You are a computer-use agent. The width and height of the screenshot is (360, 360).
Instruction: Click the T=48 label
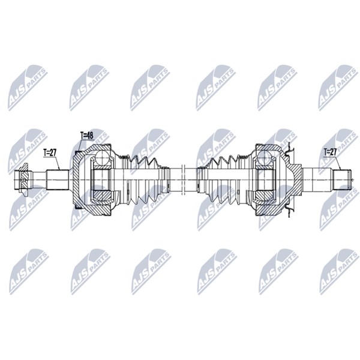pos(87,136)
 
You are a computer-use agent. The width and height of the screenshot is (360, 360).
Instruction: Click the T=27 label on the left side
pos(50,152)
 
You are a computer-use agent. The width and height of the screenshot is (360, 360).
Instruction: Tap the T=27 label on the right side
pos(330,152)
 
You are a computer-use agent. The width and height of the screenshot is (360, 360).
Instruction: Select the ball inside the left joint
pos(103,158)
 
